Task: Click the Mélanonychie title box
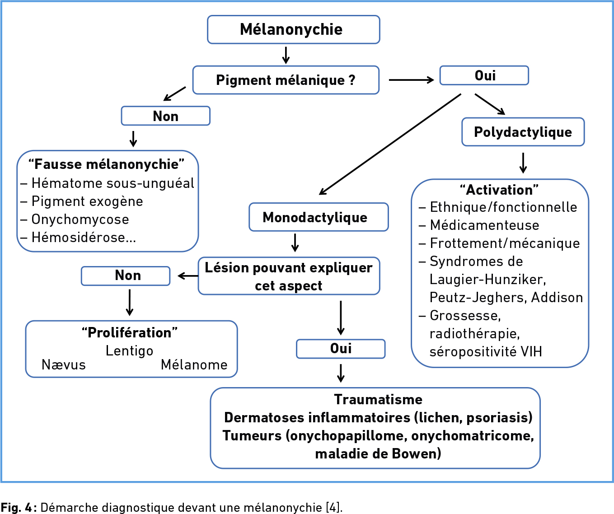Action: point(294,29)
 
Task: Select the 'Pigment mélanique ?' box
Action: point(286,80)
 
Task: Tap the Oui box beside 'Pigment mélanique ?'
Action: point(484,75)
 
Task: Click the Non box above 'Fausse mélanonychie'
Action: point(165,116)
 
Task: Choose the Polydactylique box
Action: point(523,132)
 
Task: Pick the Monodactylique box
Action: point(319,217)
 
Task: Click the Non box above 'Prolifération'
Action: point(126,276)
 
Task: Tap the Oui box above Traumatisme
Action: point(341,349)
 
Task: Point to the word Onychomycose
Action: point(80,220)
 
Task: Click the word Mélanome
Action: point(194,365)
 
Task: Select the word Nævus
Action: point(64,365)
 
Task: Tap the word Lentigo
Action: point(129,351)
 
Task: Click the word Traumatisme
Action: point(378,399)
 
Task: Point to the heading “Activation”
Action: point(499,190)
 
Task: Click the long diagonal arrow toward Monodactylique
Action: point(390,144)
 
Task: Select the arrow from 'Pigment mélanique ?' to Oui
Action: point(412,79)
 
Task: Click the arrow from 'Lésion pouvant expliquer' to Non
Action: point(188,276)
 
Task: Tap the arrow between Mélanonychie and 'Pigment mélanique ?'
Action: point(286,55)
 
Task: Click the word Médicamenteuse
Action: point(484,225)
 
